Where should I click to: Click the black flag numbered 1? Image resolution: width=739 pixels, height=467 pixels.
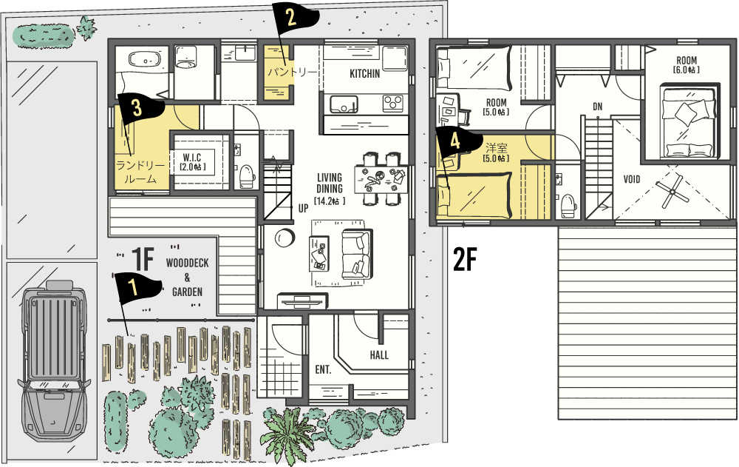(137, 288)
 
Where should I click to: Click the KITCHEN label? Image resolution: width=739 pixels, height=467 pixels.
(365, 74)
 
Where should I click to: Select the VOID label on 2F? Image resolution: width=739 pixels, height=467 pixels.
(632, 179)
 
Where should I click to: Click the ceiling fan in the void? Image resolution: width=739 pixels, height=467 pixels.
(671, 191)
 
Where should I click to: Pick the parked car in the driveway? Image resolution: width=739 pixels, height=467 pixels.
(53, 360)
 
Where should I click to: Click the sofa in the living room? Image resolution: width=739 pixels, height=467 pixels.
(357, 254)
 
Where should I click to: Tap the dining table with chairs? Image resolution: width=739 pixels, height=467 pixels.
(381, 178)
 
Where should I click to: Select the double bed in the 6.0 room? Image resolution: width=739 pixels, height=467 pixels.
(690, 121)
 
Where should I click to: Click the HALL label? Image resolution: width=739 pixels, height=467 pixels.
(379, 355)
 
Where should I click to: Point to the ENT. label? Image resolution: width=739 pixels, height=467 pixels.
(324, 370)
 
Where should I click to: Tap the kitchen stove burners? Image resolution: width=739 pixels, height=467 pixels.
(392, 102)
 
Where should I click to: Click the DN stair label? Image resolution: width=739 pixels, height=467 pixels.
(598, 107)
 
